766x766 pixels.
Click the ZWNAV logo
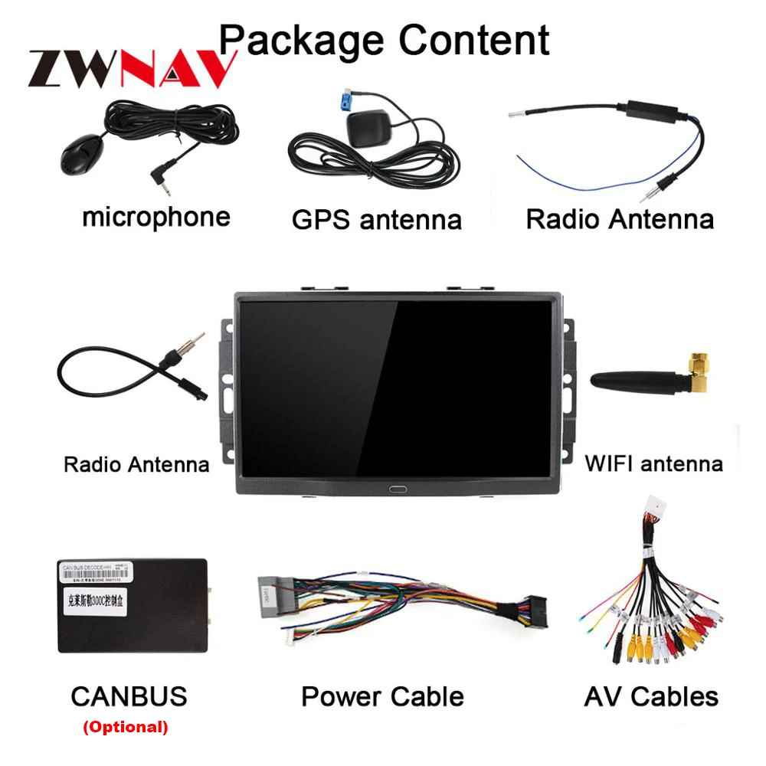click(130, 69)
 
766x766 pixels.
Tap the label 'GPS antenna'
click(376, 220)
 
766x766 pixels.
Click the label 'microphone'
click(155, 217)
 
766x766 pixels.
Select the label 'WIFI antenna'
click(653, 463)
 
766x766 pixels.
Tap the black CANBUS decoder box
click(132, 605)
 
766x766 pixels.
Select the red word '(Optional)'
click(125, 726)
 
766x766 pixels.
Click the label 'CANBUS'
click(129, 696)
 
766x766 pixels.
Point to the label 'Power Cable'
click(381, 696)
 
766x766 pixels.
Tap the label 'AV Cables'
click(651, 696)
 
